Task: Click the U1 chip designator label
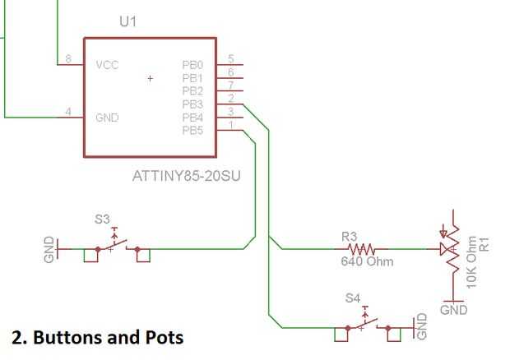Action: tap(128, 21)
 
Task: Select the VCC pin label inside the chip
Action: tap(107, 65)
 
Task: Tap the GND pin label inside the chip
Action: tap(107, 118)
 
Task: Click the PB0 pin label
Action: tap(192, 65)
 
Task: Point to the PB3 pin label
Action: tap(192, 104)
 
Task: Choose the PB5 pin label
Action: tap(192, 131)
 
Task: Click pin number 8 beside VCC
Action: tap(68, 59)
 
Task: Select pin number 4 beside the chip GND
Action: tap(68, 112)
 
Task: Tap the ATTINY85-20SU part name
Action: tap(187, 176)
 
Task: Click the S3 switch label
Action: tap(102, 219)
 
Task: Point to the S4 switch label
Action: tap(353, 298)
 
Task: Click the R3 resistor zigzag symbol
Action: tap(361, 249)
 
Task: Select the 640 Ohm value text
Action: tap(367, 261)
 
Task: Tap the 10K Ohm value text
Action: tap(471, 262)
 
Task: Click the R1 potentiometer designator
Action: tap(484, 244)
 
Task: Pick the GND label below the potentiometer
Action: tap(454, 310)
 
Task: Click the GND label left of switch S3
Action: tap(49, 249)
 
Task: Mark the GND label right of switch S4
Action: tap(421, 326)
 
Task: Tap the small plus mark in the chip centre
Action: tap(150, 78)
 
